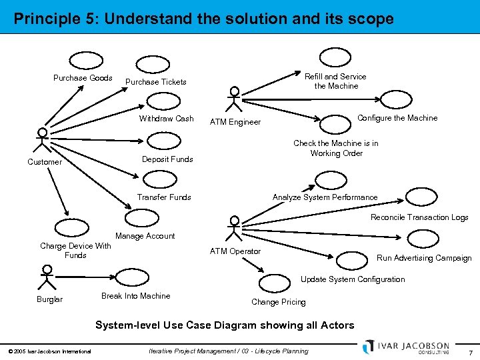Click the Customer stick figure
point(42,139)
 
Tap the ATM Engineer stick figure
point(234,99)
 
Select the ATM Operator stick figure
point(234,228)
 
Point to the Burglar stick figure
point(46,276)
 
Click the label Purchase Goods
point(83,78)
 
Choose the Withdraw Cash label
point(166,119)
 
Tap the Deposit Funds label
point(167,159)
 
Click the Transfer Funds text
point(164,197)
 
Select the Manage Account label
point(145,236)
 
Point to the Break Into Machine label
point(135,296)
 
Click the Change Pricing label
point(278,302)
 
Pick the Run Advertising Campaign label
point(424,258)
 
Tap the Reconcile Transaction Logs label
point(419,217)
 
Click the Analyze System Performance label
point(325,197)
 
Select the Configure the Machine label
point(397,118)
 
